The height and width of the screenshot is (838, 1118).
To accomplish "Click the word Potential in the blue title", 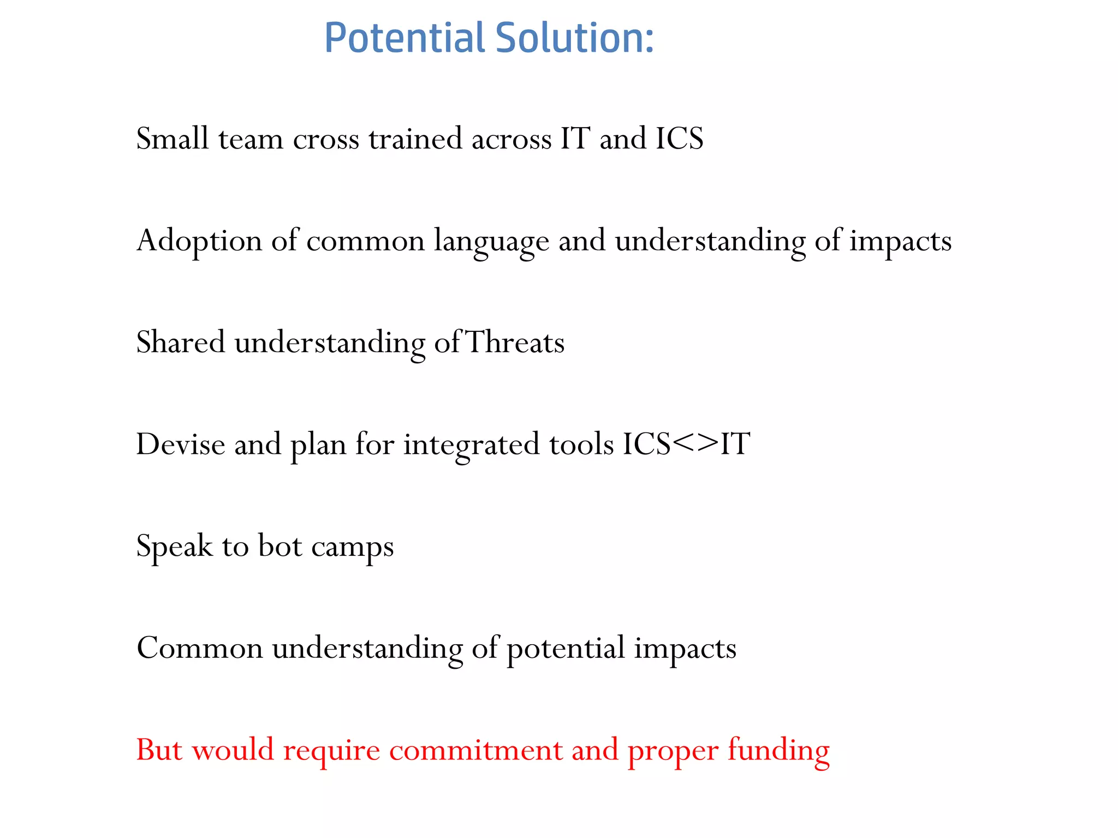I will click(405, 38).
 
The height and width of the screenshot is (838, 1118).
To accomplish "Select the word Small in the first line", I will click(172, 139).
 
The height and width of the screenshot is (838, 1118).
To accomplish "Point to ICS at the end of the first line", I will click(679, 139).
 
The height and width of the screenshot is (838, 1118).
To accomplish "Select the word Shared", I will click(181, 343).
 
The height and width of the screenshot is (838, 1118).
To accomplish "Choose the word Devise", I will click(180, 444).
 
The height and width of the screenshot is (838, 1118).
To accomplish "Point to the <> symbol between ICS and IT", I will click(695, 443).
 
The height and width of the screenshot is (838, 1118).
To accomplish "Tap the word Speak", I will click(174, 546).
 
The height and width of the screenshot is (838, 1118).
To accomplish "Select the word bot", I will click(279, 546).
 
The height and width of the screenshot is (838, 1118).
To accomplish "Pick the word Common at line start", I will click(199, 649).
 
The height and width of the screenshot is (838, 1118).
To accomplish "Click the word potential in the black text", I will click(566, 649).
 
